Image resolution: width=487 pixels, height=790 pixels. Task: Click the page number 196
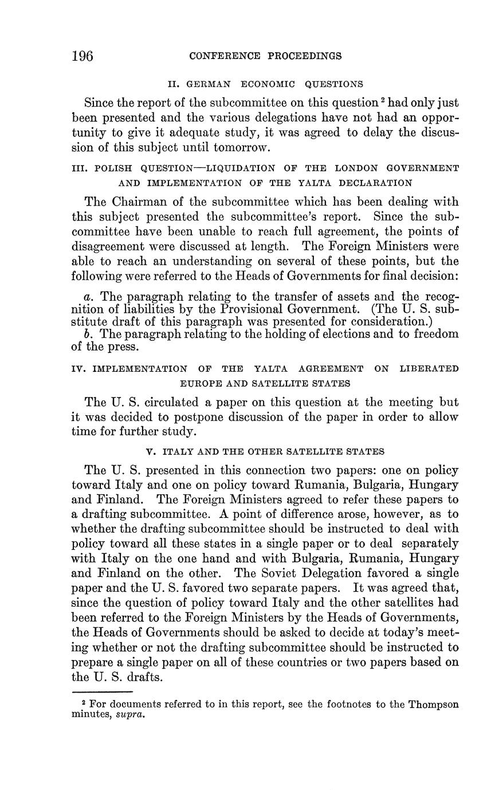coord(83,56)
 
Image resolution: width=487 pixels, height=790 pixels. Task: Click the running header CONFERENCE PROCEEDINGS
coord(265,56)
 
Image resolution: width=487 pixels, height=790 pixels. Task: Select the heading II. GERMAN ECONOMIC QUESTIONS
coord(265,84)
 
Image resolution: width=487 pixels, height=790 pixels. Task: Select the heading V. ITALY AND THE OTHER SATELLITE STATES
coord(265,452)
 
